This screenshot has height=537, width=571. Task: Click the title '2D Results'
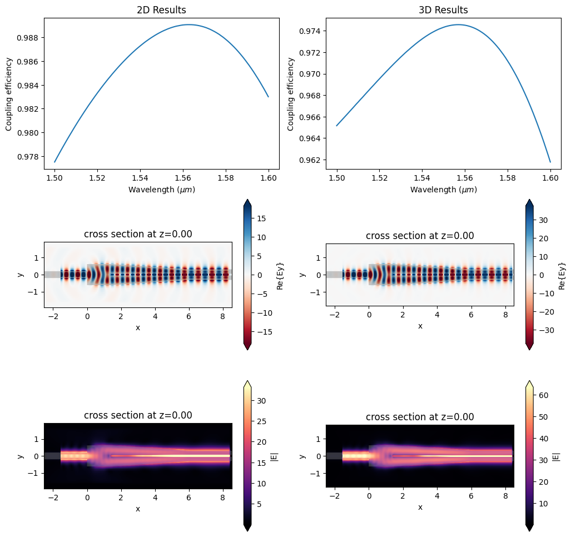point(161,10)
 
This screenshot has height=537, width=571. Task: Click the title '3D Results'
point(443,10)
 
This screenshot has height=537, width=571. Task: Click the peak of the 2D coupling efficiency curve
point(189,24)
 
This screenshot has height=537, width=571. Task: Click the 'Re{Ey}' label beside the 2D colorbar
point(282,275)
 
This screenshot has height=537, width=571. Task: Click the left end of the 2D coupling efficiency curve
point(54,162)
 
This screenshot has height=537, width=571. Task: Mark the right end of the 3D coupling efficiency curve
point(550,162)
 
